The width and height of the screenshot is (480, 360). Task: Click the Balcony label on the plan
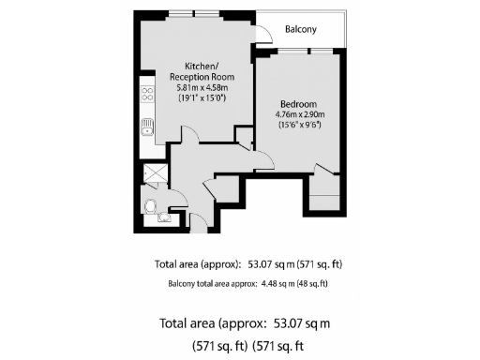click(301, 30)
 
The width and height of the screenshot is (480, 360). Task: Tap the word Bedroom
click(299, 105)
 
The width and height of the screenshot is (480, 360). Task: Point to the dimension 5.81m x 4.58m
click(202, 86)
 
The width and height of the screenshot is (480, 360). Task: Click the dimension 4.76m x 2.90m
click(300, 115)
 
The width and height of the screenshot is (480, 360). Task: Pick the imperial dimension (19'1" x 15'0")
click(202, 97)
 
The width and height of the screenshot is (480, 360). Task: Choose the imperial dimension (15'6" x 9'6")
click(300, 126)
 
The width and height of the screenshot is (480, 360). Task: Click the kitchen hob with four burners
click(147, 95)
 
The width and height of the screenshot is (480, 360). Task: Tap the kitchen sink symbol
click(147, 127)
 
